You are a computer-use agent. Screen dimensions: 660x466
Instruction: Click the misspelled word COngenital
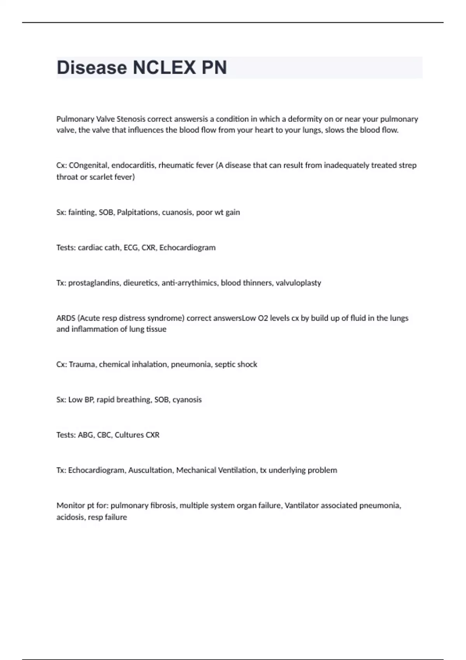89,165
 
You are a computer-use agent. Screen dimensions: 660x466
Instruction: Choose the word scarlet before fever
102,177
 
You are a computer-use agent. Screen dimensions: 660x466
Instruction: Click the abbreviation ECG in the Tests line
131,248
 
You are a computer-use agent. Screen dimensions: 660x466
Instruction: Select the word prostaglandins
94,283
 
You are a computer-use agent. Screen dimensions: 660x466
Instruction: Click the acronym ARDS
66,318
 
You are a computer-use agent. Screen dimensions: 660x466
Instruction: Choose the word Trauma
82,365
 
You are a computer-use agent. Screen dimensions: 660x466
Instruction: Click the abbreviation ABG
85,435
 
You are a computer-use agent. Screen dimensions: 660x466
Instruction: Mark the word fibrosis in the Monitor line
162,505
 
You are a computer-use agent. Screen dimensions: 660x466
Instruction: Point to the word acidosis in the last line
70,517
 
